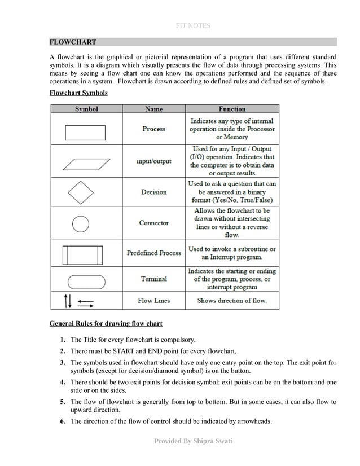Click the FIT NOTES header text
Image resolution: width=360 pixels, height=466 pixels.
[x=180, y=26]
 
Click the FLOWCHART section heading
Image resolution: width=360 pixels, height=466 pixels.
[x=73, y=42]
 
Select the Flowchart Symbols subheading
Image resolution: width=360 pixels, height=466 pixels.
[x=78, y=92]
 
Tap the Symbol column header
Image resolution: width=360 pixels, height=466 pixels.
[x=86, y=109]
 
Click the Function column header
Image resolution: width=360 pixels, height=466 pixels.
[x=232, y=109]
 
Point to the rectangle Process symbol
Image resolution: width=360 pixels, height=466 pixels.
[x=85, y=132]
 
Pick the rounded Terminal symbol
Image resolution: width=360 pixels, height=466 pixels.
[x=85, y=281]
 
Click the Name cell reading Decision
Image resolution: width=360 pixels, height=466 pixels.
[x=153, y=192]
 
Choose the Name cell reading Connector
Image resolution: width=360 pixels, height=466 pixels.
[x=153, y=223]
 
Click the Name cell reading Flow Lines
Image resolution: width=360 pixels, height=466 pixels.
[x=153, y=301]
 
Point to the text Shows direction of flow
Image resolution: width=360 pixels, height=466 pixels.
[x=231, y=301]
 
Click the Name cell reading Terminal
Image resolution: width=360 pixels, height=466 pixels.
[x=153, y=279]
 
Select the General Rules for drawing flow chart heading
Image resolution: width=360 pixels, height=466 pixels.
[x=106, y=324]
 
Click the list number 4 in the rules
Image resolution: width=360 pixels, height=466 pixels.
[x=63, y=383]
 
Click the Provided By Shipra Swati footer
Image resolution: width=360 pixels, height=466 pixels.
[x=194, y=441]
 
